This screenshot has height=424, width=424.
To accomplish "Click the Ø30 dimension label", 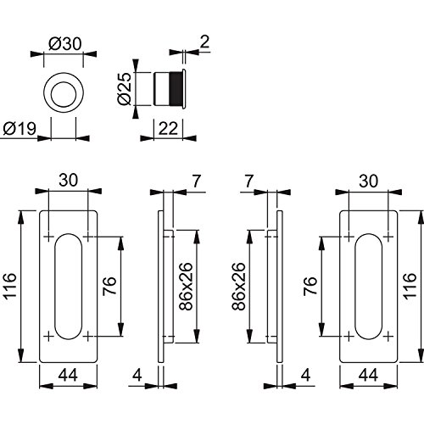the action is [65, 44].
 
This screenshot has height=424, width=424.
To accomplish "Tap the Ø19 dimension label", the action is [20, 129].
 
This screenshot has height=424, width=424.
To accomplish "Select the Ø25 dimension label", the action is [125, 89].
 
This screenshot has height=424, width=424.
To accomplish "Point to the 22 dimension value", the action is [168, 129].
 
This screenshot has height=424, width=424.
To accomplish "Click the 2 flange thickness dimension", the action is [204, 42].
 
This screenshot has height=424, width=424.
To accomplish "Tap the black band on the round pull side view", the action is [176, 89].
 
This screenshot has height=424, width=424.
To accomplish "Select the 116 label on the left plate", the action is [10, 286].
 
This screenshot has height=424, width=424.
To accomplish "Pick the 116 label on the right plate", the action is [410, 286].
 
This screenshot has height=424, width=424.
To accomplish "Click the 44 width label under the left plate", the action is [68, 376].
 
